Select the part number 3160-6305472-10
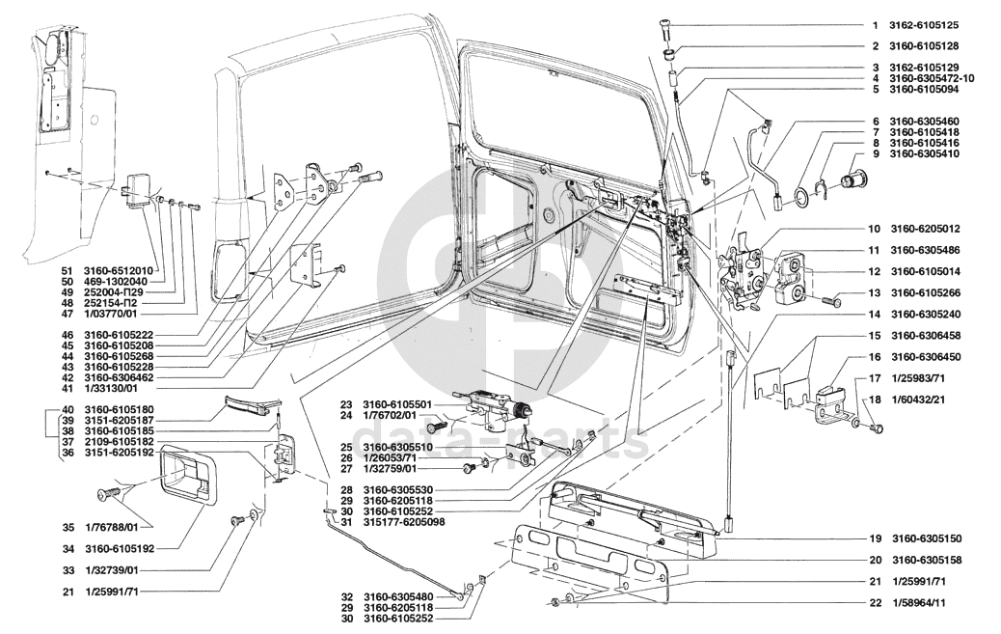(932, 78)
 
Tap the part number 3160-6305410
(923, 153)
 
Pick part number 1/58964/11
(918, 603)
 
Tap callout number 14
(873, 315)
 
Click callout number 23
(344, 404)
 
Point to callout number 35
(67, 527)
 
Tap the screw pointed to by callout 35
(105, 496)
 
